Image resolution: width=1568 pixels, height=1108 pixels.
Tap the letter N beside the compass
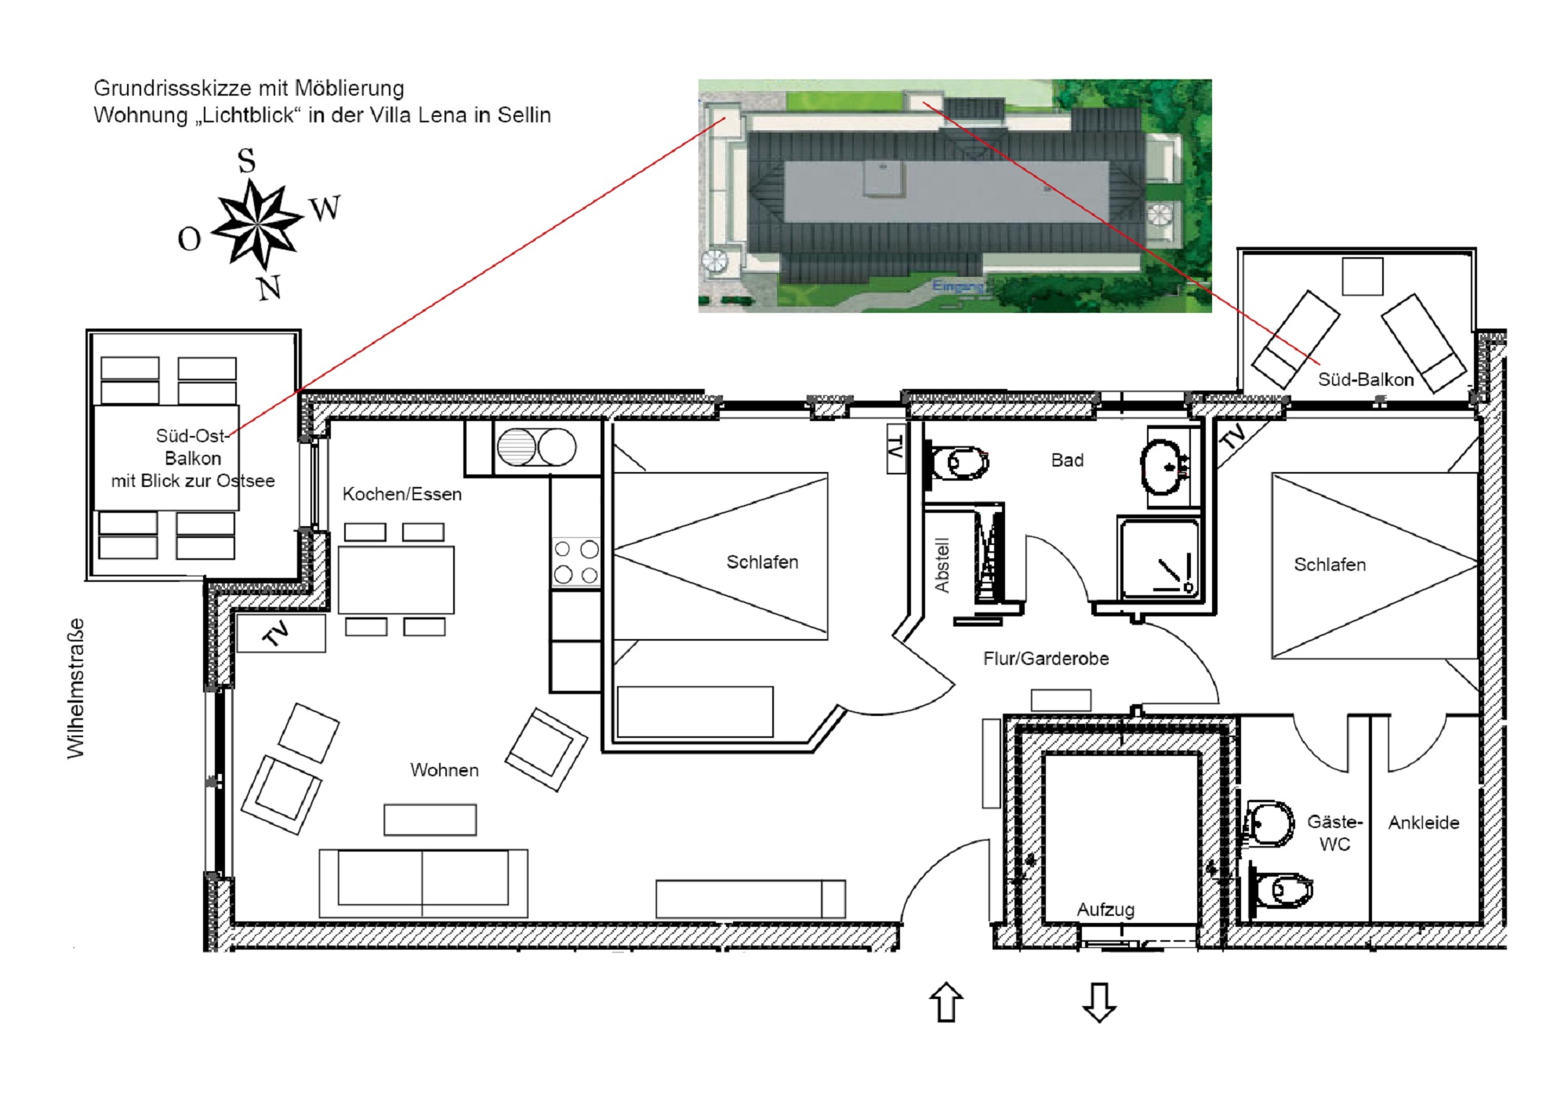tap(269, 288)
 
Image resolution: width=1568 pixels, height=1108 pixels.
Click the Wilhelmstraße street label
tap(75, 688)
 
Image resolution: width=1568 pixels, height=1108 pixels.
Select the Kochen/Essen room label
tap(402, 494)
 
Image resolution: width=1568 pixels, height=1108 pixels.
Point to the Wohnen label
tap(445, 770)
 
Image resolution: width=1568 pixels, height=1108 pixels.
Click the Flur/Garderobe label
tap(1046, 659)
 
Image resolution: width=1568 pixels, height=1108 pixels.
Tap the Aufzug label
tap(1105, 910)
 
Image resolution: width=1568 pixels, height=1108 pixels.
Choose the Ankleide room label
tap(1424, 823)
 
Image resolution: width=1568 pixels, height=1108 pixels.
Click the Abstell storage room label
tap(942, 565)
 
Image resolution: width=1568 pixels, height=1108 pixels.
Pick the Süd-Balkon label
tap(1366, 380)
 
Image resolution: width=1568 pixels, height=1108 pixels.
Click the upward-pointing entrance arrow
tap(946, 1002)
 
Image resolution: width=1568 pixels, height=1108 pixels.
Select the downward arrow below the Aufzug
tap(1099, 1002)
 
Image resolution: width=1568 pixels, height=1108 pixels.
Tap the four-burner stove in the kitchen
tap(576, 562)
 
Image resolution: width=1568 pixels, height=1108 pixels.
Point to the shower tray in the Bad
tap(1159, 558)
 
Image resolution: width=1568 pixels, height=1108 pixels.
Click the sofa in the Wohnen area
tap(423, 883)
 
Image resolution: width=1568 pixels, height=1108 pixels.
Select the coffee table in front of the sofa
tap(430, 819)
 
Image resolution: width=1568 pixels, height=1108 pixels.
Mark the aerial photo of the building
tap(955, 195)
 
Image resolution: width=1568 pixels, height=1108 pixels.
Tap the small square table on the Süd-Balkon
tap(1363, 276)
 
